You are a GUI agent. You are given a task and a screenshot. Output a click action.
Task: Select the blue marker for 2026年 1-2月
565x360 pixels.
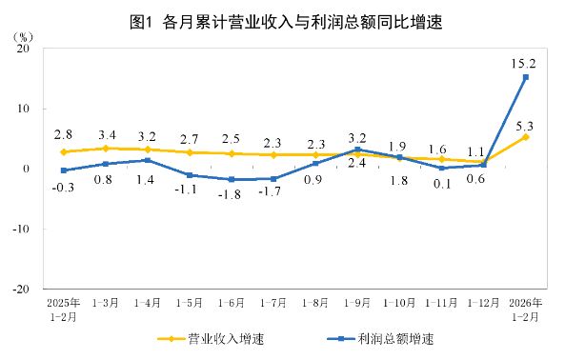[x=526, y=77]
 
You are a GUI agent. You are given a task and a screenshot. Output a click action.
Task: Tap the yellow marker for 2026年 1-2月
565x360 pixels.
[x=526, y=136]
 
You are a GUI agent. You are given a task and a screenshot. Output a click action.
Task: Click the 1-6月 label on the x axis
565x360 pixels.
[x=232, y=303]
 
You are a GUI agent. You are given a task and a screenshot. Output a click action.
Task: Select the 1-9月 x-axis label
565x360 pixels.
[x=358, y=303]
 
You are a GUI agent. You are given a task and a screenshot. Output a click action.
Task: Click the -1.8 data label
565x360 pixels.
[x=232, y=194]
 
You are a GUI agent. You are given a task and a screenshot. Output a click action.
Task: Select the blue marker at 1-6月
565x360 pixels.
[x=232, y=179]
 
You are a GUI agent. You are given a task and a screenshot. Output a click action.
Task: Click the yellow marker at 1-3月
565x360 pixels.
[x=105, y=148]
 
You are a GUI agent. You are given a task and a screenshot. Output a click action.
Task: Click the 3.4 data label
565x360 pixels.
[x=105, y=133]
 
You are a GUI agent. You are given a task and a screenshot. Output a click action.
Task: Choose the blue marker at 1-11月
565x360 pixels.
[x=442, y=168]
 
